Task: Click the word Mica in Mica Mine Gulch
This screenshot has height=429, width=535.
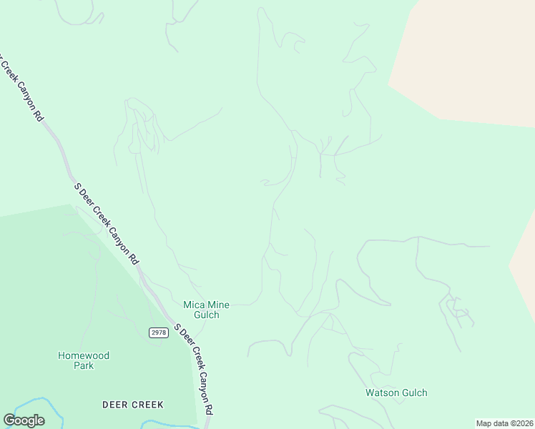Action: pos(195,305)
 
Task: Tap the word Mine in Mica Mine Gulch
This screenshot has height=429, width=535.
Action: pos(218,305)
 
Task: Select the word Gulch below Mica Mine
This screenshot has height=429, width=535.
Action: pos(206,315)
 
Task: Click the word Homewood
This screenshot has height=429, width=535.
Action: pos(84,355)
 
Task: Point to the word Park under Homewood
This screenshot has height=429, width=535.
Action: pos(84,365)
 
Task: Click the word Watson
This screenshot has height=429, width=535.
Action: pos(381,393)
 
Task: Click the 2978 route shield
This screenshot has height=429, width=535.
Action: pos(158,332)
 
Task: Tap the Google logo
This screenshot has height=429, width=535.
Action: pos(24,420)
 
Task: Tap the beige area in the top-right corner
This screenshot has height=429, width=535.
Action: pos(472,57)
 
